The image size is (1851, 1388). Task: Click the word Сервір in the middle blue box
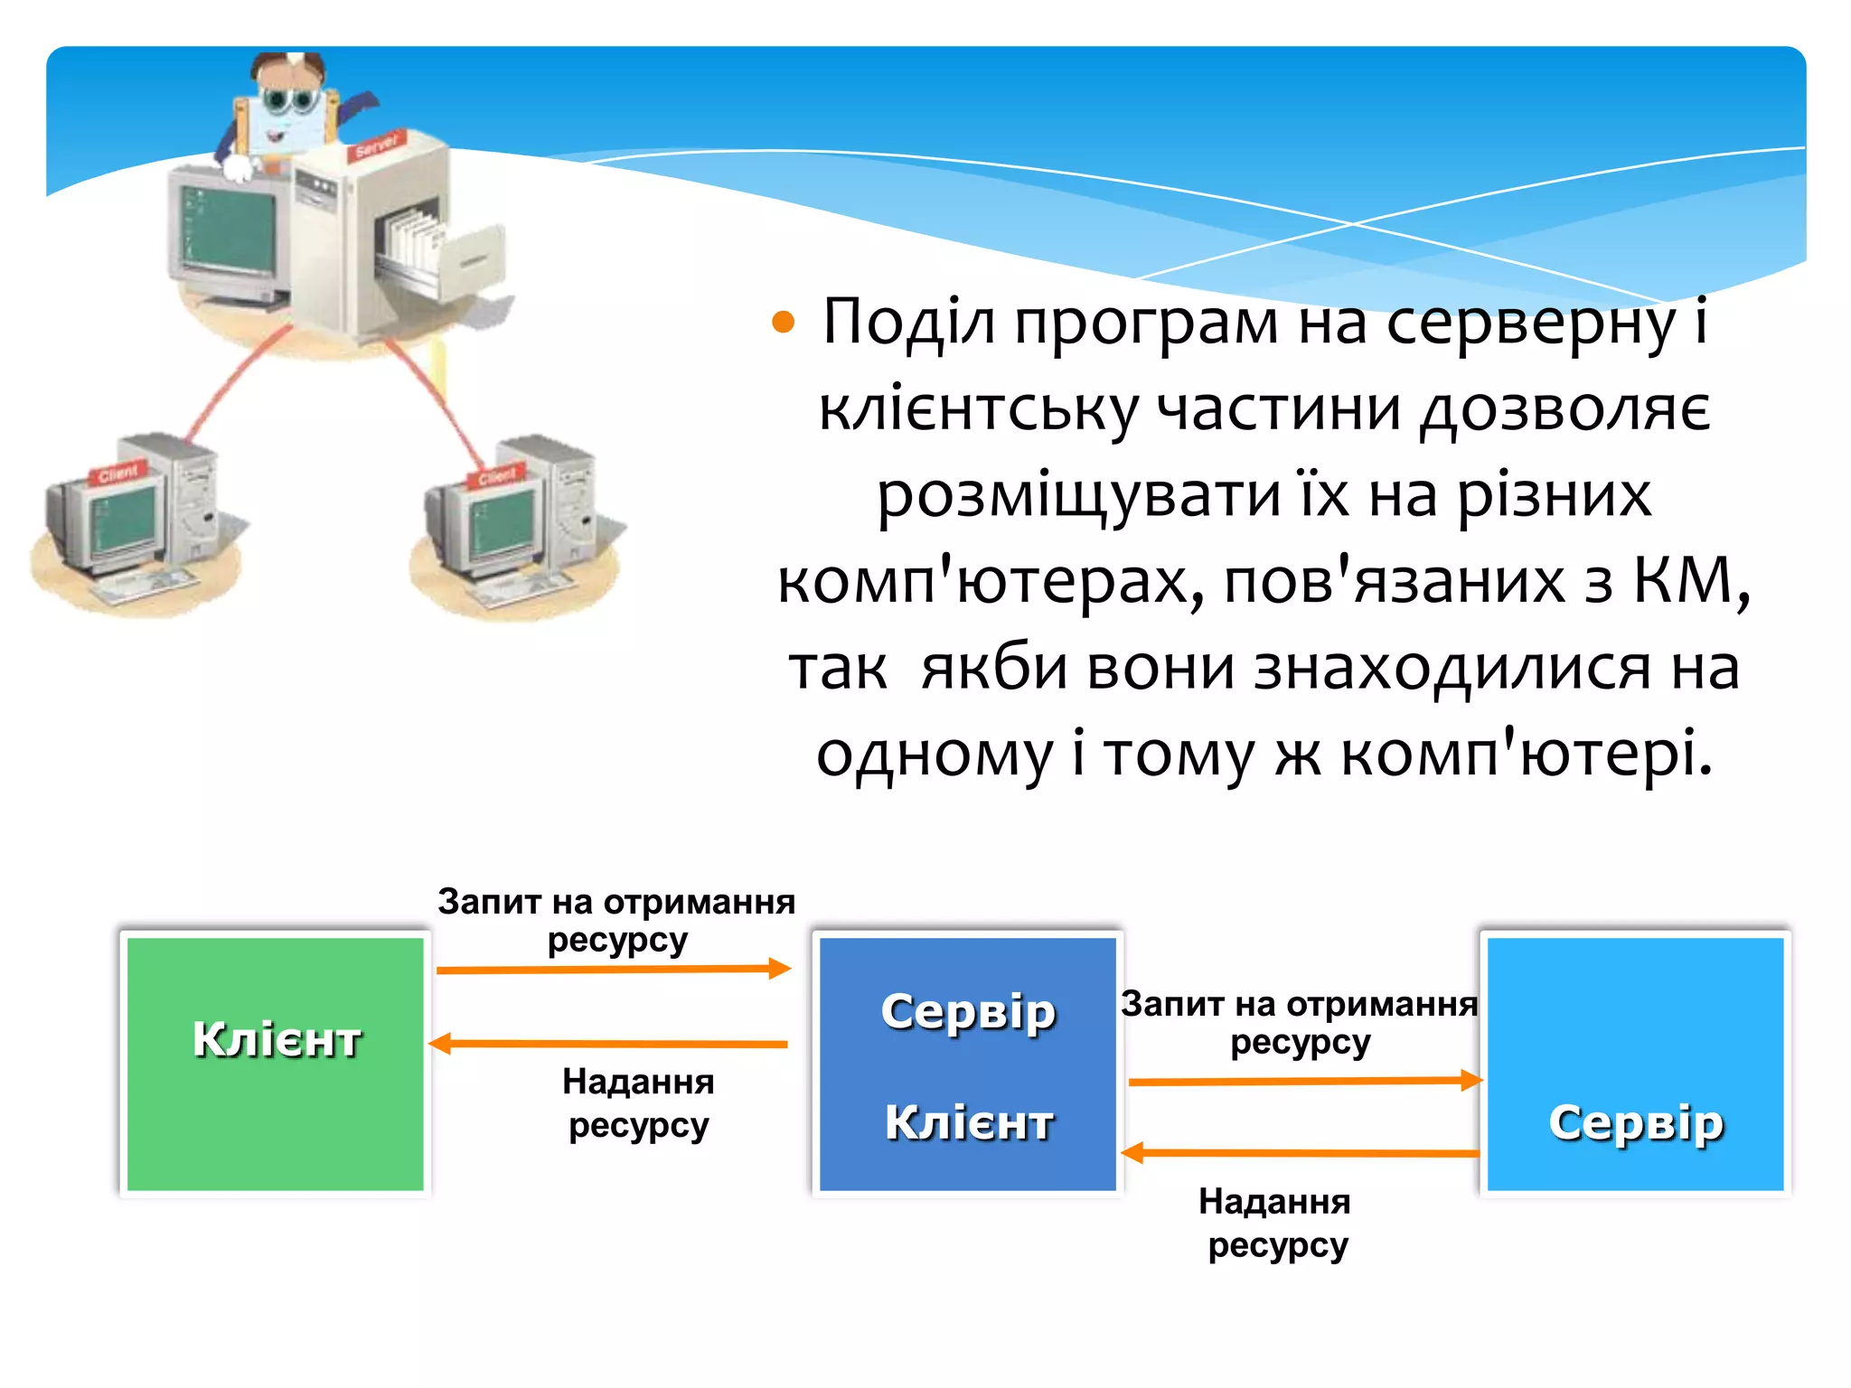[x=968, y=1011]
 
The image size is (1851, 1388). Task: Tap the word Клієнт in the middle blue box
[x=968, y=1123]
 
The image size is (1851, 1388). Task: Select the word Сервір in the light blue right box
[x=1636, y=1123]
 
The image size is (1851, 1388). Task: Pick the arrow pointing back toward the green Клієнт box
[x=609, y=1044]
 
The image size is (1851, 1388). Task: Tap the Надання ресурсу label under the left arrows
[x=638, y=1103]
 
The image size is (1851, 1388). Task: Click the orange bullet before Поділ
[x=783, y=323]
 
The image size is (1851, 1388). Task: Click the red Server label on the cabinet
[x=376, y=145]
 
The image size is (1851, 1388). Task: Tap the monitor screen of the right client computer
[x=503, y=524]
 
